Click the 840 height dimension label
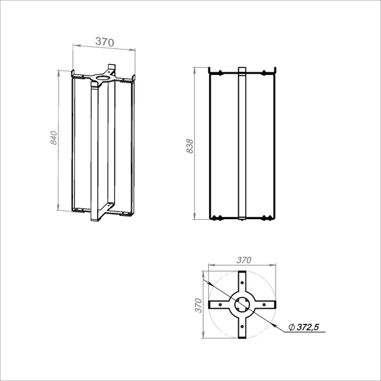[x=54, y=138]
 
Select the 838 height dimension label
[x=189, y=146]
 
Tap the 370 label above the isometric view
[x=105, y=42]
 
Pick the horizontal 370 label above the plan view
[x=244, y=260]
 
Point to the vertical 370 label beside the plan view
[x=199, y=305]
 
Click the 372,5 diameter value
[x=307, y=327]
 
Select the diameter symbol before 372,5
[x=291, y=327]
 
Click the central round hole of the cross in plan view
[x=242, y=304]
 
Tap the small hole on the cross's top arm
[x=242, y=283]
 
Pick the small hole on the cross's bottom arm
[x=242, y=326]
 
